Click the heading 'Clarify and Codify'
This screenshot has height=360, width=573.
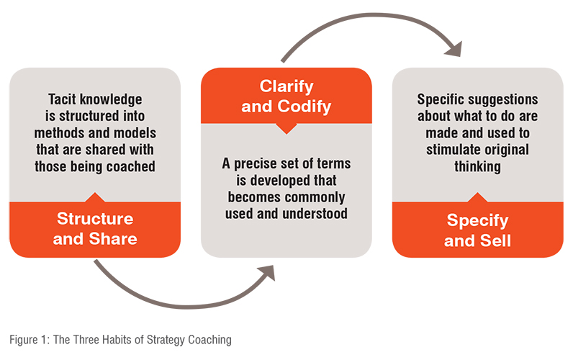point(286,96)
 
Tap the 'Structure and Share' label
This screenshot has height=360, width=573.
point(95,229)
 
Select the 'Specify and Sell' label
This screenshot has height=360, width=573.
point(477,230)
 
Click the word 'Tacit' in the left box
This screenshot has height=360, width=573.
point(62,99)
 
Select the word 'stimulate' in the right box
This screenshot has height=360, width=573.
point(452,150)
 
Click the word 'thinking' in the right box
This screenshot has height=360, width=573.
point(477,166)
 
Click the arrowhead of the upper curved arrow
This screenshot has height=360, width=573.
point(454,50)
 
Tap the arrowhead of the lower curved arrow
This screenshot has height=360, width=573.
point(267,273)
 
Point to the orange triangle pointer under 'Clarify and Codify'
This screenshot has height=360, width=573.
point(286,128)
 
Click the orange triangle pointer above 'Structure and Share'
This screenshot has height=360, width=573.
point(95,198)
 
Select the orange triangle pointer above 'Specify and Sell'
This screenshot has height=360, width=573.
point(477,198)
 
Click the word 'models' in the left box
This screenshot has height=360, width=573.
point(135,132)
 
